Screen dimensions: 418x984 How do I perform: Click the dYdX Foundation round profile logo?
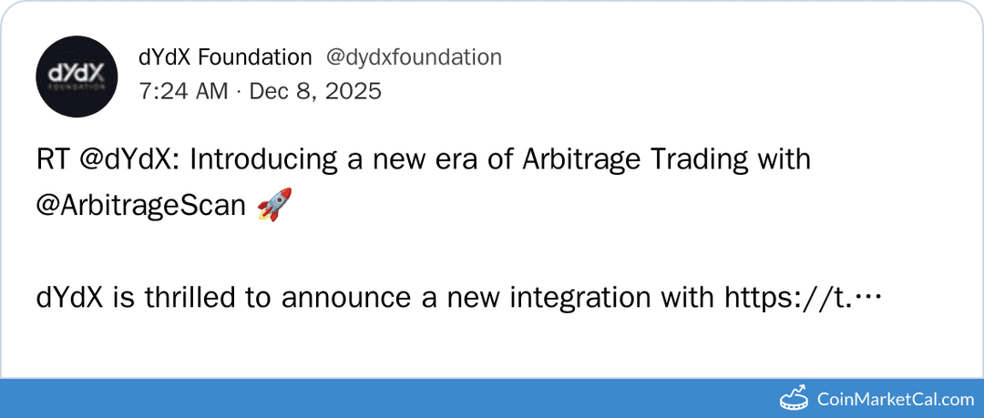77,76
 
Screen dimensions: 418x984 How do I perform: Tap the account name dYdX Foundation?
225,57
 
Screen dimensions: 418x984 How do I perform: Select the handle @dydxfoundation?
414,57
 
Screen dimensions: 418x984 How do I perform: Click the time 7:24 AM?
182,91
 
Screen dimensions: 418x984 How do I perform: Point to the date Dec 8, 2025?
315,91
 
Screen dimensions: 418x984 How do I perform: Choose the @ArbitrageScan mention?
140,206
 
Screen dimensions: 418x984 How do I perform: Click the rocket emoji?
274,205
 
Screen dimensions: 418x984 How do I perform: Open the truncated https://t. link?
802,298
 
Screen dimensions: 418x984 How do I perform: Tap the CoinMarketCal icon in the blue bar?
794,398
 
